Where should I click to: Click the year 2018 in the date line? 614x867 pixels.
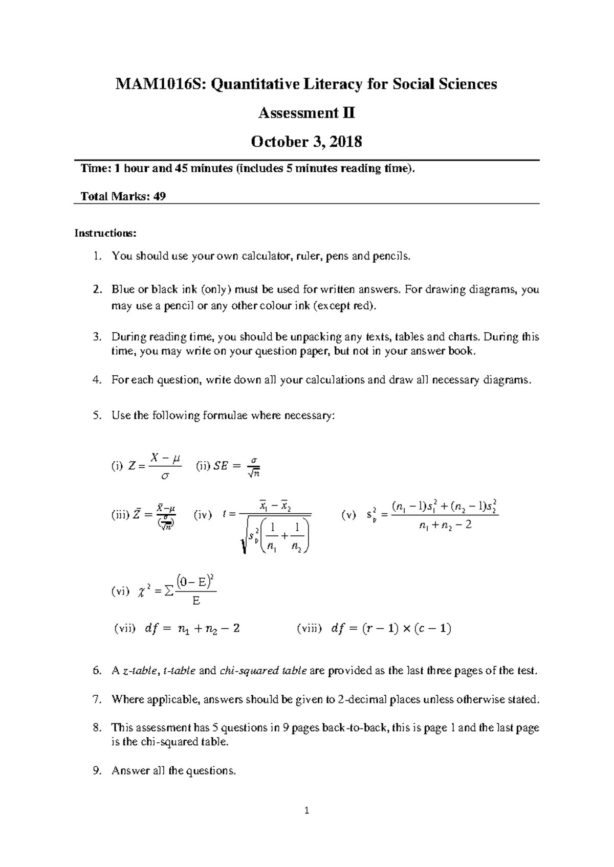(345, 142)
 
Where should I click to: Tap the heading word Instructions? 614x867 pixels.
(105, 234)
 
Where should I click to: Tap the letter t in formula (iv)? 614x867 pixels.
(225, 515)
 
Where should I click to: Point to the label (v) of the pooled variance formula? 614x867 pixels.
(348, 515)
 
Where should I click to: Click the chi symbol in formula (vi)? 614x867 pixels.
(141, 592)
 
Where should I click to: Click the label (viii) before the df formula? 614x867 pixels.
(309, 629)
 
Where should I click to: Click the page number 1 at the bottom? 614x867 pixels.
(307, 810)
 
